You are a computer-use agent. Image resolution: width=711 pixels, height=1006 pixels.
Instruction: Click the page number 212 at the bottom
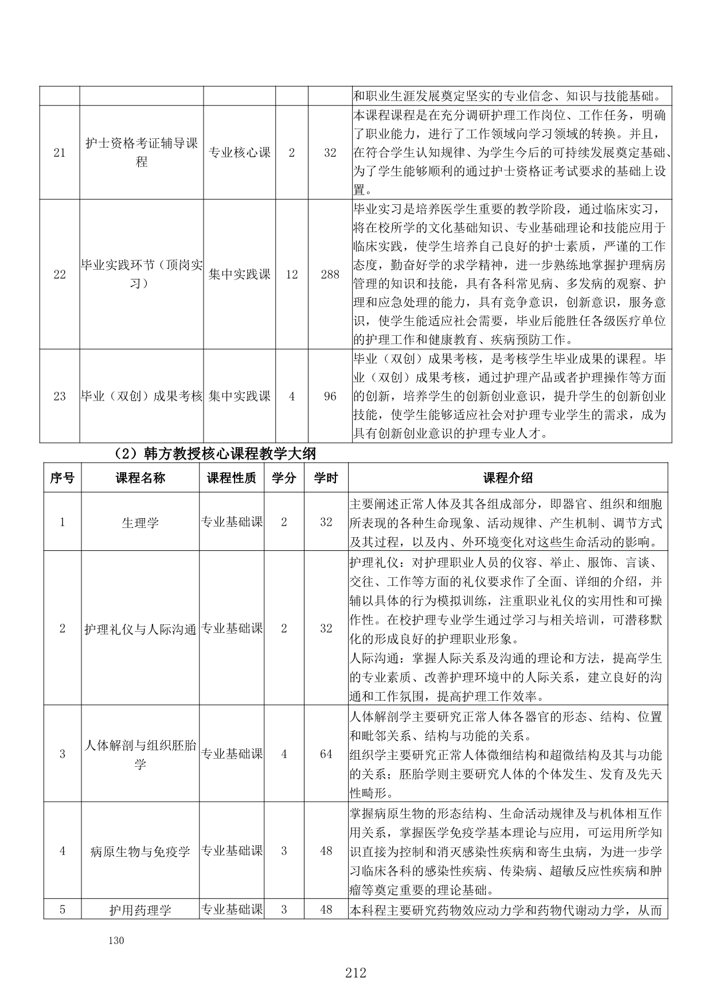point(355,972)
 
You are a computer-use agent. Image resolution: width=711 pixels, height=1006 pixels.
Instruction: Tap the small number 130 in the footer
point(116,940)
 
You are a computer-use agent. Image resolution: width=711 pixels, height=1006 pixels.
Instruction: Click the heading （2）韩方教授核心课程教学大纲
point(215,454)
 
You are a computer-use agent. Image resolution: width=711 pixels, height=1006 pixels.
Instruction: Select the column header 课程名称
point(140,477)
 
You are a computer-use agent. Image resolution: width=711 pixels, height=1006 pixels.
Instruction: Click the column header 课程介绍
point(508,477)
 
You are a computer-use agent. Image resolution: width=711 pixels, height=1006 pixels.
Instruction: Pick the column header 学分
point(284,477)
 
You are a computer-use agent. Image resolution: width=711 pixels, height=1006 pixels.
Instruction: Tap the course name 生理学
point(140,522)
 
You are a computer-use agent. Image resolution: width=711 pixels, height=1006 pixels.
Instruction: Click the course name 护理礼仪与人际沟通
point(140,628)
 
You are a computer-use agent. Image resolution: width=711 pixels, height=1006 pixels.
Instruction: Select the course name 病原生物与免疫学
point(140,850)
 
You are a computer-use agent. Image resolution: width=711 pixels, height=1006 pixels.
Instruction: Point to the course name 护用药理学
point(140,910)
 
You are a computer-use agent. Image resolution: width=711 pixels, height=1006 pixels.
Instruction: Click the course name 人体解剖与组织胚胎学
point(140,754)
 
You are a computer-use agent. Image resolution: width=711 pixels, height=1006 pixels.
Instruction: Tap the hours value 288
point(330,274)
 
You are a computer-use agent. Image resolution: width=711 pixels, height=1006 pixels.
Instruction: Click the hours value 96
point(330,396)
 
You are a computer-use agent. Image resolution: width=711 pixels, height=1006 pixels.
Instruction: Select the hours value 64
point(326,753)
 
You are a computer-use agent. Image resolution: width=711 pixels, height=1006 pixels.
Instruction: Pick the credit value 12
point(292,274)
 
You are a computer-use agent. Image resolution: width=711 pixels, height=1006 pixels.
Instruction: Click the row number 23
point(60,396)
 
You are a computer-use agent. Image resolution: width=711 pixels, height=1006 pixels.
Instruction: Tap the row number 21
point(60,153)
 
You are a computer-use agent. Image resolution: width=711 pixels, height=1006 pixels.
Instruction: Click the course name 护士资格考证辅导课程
point(142,153)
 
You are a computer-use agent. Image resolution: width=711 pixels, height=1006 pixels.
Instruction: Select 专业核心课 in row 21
point(240,153)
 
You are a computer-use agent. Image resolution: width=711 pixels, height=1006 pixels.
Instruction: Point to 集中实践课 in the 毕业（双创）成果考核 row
point(240,396)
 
